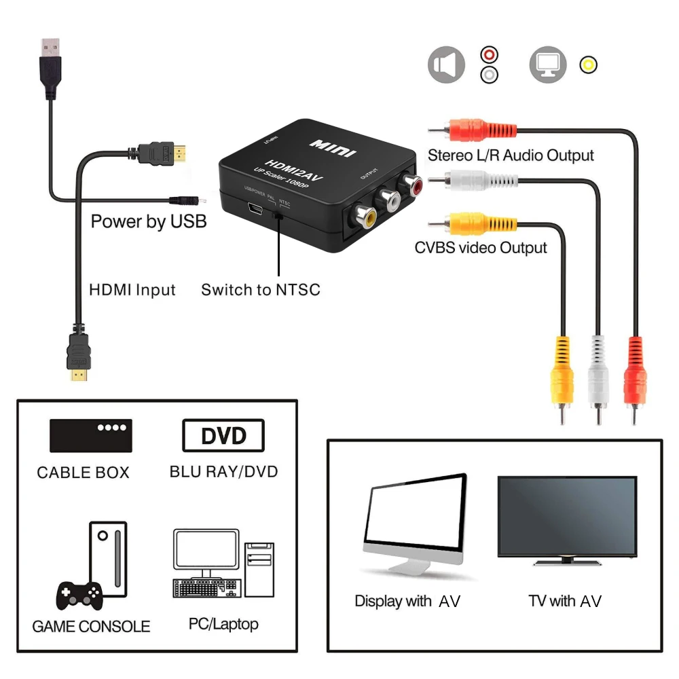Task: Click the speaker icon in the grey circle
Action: (446, 66)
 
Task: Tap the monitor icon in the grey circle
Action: (548, 66)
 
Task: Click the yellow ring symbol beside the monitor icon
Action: (588, 65)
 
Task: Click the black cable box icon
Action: (90, 435)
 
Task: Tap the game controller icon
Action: (79, 595)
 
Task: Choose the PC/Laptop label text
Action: (223, 623)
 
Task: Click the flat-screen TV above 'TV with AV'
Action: (567, 520)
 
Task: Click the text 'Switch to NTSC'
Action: (261, 290)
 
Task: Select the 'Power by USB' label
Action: (149, 221)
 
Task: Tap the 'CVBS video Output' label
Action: (481, 248)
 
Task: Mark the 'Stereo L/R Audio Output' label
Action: (511, 155)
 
